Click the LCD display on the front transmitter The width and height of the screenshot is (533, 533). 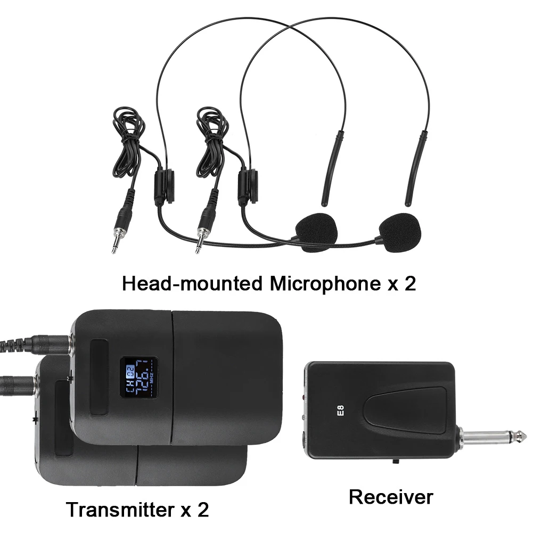[x=138, y=378]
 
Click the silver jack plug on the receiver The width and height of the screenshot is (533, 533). [x=493, y=437]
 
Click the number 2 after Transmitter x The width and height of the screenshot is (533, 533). [x=203, y=510]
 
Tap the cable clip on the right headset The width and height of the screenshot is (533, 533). [x=248, y=186]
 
